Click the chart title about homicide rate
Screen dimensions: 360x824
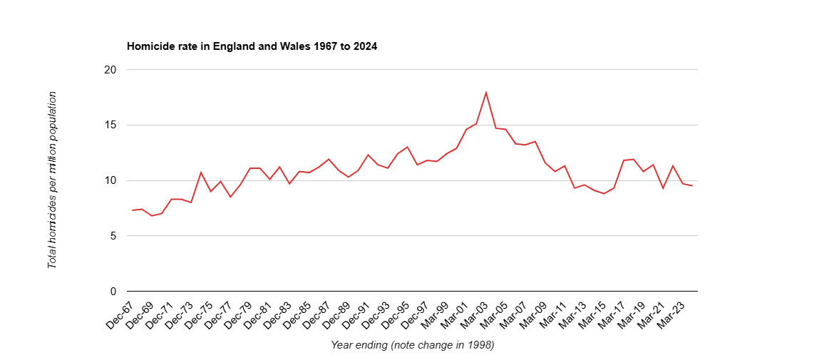252,46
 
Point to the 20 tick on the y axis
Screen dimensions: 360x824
110,70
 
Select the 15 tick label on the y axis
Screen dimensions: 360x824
110,125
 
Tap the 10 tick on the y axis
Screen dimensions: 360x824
110,180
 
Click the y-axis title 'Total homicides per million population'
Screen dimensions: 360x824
52,180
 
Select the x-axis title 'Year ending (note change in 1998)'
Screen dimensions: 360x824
412,345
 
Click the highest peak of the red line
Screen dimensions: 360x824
486,92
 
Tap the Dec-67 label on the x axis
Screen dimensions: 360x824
120,314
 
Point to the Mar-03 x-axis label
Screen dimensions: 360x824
473,314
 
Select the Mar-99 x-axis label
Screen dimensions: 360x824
434,314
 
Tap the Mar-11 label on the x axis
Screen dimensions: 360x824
552,314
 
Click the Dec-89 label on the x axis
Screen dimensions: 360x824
336,314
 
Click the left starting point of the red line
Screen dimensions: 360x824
132,210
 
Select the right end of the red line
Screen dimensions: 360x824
692,186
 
